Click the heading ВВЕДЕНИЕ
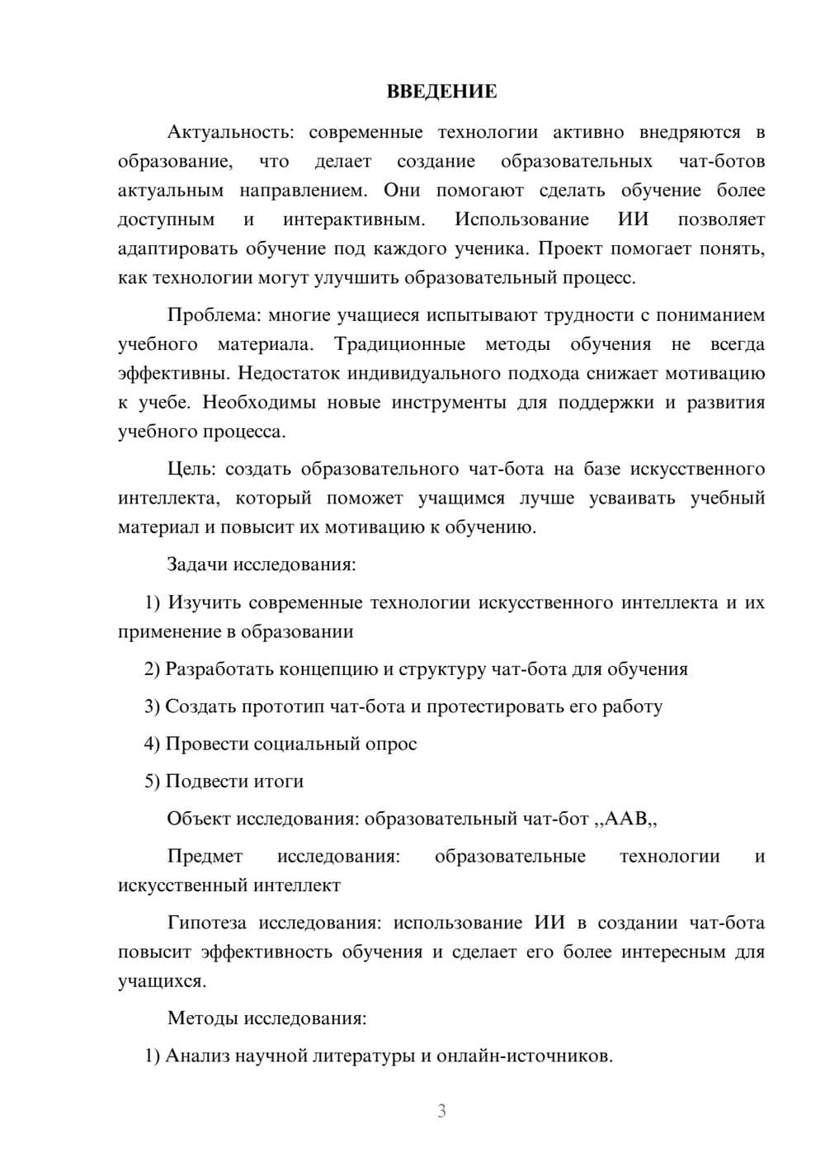click(x=441, y=92)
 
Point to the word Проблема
click(x=210, y=315)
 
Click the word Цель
click(x=191, y=469)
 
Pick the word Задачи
click(x=198, y=565)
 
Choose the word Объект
click(x=199, y=819)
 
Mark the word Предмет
click(x=205, y=856)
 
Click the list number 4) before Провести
click(x=152, y=744)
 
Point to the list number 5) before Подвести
click(x=152, y=781)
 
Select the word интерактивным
click(x=354, y=220)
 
